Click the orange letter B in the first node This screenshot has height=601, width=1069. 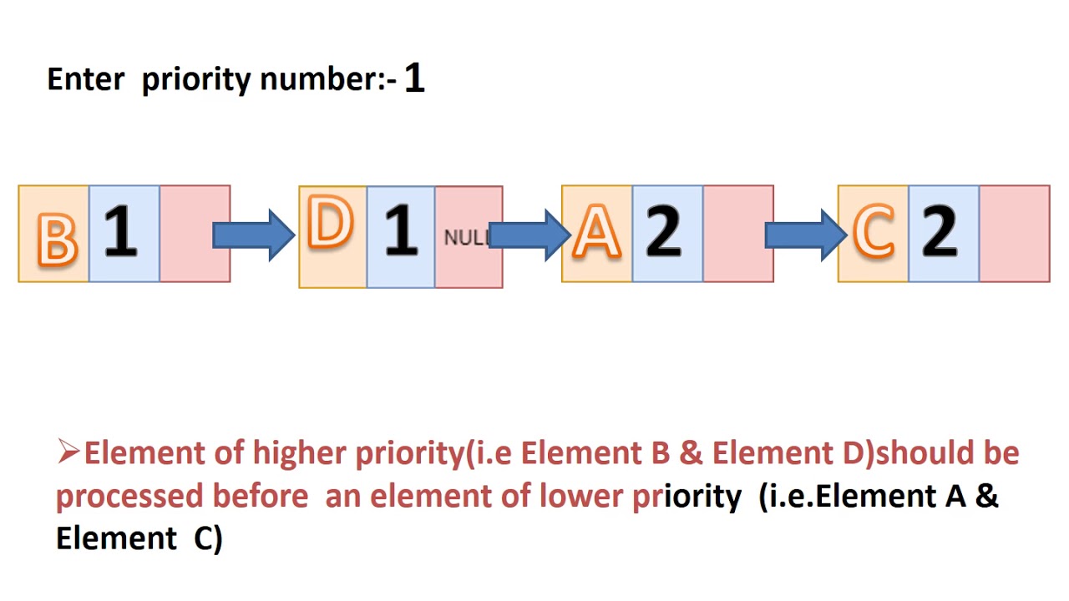tap(58, 240)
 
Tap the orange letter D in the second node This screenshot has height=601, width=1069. tap(330, 222)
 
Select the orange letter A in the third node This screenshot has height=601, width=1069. tap(596, 231)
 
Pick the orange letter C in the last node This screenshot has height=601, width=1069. tap(874, 231)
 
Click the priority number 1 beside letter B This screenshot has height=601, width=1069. tap(121, 230)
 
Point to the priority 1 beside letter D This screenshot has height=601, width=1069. tap(401, 230)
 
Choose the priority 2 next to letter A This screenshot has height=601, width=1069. tap(663, 231)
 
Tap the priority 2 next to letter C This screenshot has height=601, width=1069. tap(940, 231)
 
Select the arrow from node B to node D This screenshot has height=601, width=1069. tap(253, 235)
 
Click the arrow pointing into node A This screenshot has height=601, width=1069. tap(529, 235)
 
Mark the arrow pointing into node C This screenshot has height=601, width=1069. tap(806, 235)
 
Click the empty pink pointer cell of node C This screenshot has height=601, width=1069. tap(1015, 234)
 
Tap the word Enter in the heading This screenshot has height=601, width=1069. tap(86, 79)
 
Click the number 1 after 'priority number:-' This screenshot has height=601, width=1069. tap(414, 78)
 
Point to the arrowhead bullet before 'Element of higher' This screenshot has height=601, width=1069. tap(68, 452)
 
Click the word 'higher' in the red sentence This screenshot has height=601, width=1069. tap(299, 452)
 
